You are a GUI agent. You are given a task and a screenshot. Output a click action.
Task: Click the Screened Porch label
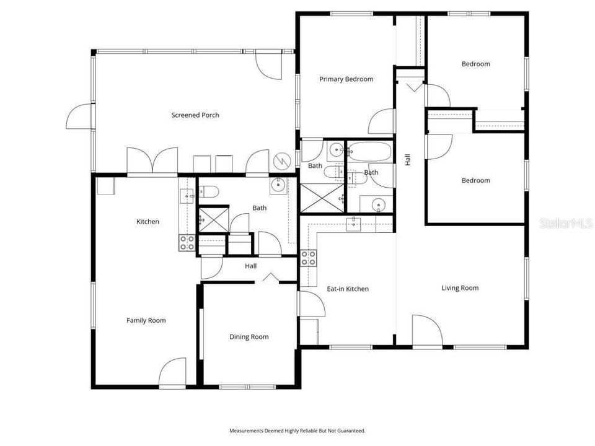click(195, 115)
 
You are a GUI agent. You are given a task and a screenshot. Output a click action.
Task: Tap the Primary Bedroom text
click(346, 79)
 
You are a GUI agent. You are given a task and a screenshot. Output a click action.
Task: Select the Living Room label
click(460, 287)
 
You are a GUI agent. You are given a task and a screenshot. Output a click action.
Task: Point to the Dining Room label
click(249, 336)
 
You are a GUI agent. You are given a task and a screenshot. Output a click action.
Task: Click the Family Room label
click(146, 320)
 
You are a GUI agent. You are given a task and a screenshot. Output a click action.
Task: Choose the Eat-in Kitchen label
click(348, 289)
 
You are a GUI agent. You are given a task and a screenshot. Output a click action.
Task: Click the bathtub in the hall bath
click(369, 152)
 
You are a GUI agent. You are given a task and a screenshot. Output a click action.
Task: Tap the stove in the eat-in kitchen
click(309, 258)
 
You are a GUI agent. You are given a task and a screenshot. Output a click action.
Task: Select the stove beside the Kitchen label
click(187, 243)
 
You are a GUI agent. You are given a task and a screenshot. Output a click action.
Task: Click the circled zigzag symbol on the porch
click(281, 161)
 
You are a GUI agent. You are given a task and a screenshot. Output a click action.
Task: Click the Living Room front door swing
click(426, 330)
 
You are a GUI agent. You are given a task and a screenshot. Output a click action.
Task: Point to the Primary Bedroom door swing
click(381, 122)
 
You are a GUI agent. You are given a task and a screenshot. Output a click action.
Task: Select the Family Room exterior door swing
click(172, 372)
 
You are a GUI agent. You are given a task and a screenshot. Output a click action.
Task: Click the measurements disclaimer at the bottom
click(297, 431)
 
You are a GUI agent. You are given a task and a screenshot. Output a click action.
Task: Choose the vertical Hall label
click(408, 160)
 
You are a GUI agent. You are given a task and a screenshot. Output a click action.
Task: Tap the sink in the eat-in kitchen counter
click(354, 224)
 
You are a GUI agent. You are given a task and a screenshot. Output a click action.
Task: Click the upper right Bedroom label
click(475, 64)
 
